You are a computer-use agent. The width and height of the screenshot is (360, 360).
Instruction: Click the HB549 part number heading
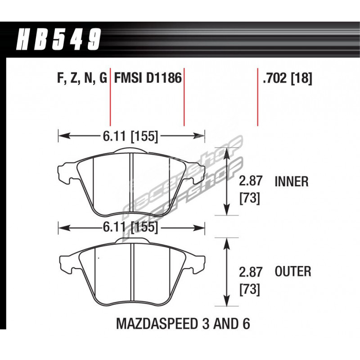[x=58, y=39]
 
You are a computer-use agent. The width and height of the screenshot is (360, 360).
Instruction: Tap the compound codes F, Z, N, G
[x=82, y=78]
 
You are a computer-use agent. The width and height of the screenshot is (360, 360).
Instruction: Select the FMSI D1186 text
[x=148, y=77]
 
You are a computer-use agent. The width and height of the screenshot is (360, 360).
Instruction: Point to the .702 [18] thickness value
[x=288, y=78]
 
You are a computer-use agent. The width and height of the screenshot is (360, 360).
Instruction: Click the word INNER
[x=292, y=182]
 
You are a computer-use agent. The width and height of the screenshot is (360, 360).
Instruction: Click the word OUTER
[x=293, y=271]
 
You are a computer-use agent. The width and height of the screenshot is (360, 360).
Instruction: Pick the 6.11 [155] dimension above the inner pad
[x=130, y=136]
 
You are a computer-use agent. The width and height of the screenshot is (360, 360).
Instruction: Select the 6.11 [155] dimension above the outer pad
[x=130, y=227]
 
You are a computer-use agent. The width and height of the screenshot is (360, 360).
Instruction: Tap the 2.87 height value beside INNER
[x=251, y=181]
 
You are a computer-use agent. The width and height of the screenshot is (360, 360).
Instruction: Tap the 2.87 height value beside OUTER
[x=251, y=272]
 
